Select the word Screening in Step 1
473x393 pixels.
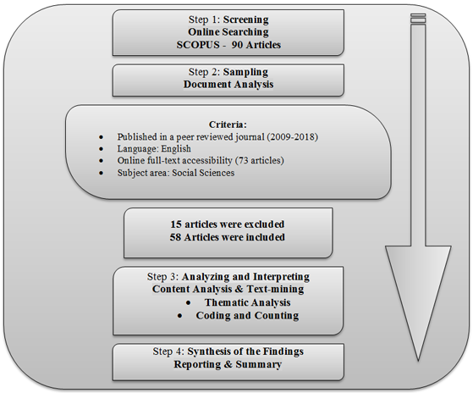tap(246, 19)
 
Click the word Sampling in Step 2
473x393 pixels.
tap(245, 72)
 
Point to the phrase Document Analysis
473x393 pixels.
tap(228, 84)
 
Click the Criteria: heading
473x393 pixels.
tap(228, 125)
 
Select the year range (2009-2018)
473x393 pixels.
tap(292, 136)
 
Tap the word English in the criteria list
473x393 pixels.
tap(176, 148)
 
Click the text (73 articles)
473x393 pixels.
tap(260, 160)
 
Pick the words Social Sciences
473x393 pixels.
tap(203, 173)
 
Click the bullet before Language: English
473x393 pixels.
tap(101, 149)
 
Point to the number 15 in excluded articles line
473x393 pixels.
tap(176, 224)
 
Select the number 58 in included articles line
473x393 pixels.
tap(175, 237)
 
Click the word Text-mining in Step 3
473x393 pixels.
tap(275, 289)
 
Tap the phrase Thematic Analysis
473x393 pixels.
tap(247, 302)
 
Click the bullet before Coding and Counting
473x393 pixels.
tap(180, 316)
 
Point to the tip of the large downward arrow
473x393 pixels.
tap(418, 361)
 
